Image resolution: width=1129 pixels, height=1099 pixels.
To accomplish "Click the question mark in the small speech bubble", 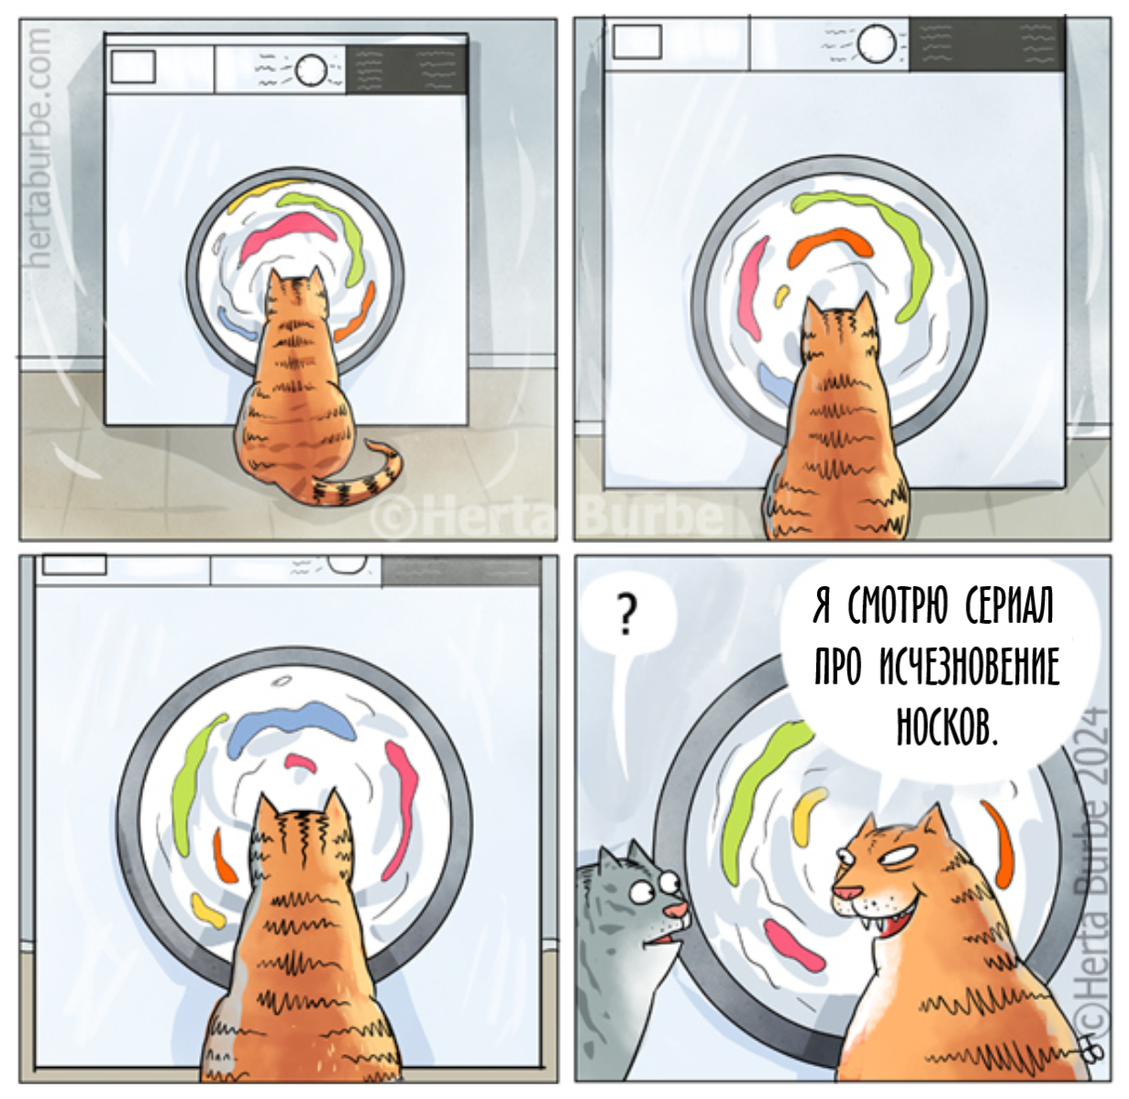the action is tap(625, 616).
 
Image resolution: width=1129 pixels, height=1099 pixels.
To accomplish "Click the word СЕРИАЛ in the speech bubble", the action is tap(1009, 607).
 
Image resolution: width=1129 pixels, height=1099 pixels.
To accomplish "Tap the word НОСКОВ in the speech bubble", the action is tap(946, 726).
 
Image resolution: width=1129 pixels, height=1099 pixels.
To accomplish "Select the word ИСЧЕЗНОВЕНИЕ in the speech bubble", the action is tap(969, 666).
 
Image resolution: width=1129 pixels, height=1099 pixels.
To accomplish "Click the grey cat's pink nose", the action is tap(677, 911).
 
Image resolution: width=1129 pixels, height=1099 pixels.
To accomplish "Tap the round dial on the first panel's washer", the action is tap(312, 71).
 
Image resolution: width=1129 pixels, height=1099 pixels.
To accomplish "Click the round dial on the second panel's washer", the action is tap(876, 43).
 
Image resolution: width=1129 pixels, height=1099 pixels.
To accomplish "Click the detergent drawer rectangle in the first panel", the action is tap(133, 67).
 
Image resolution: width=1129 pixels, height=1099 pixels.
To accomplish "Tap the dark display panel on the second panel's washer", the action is tap(987, 44).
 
